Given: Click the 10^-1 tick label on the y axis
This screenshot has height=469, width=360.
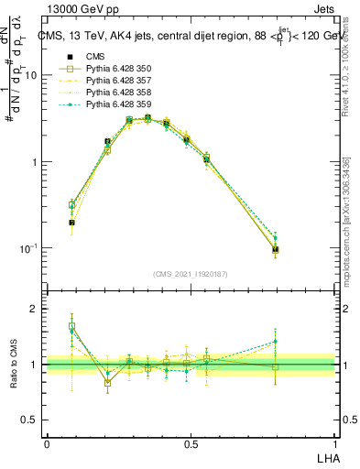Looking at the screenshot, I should [x=31, y=248].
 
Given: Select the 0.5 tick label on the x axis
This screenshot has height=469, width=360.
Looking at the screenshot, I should [x=191, y=443].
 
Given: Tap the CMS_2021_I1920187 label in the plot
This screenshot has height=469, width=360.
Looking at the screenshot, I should [x=191, y=274].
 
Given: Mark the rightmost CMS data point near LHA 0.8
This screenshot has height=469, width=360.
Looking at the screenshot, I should [x=276, y=249].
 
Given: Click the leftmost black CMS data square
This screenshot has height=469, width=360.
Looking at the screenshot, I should [x=71, y=223].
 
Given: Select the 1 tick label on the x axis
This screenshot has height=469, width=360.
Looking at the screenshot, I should [x=334, y=443].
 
